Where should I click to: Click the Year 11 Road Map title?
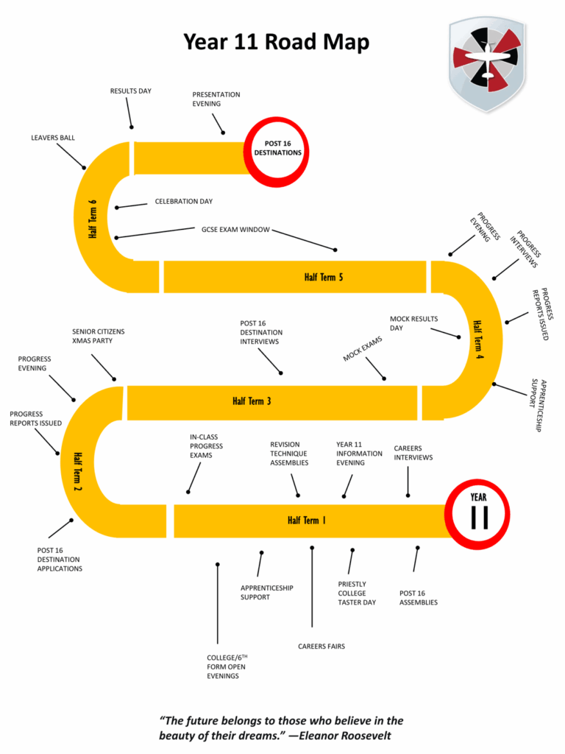[x=276, y=42]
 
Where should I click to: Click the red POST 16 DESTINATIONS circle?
[x=277, y=149]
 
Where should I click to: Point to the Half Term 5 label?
[x=324, y=277]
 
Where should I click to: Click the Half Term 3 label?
[x=252, y=401]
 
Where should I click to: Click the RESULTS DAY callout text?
[x=130, y=91]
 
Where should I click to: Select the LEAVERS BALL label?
[x=53, y=138]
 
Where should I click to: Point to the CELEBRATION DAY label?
[x=183, y=201]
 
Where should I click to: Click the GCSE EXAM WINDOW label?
[x=235, y=229]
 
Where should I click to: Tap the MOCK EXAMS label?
[x=363, y=348]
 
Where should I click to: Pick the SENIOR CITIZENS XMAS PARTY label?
[x=98, y=337]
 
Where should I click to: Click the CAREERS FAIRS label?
[x=321, y=646]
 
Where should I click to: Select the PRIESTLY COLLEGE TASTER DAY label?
[x=357, y=593]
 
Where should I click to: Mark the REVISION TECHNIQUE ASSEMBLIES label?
[x=289, y=454]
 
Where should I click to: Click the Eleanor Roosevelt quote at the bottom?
[x=282, y=727]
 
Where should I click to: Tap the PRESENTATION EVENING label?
[x=216, y=99]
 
